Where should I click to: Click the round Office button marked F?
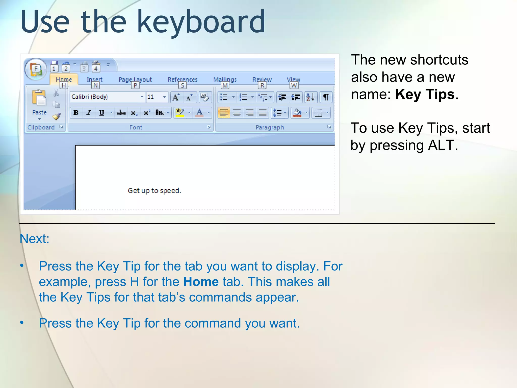click(36, 69)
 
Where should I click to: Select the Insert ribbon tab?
click(94, 80)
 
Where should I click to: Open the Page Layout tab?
click(135, 80)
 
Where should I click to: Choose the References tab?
click(182, 80)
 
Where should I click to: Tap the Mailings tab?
click(225, 80)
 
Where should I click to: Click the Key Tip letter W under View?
click(294, 86)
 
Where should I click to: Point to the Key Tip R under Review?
click(262, 86)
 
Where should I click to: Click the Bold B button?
click(76, 113)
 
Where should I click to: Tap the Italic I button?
click(89, 113)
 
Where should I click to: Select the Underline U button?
click(101, 113)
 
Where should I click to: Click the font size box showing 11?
click(154, 97)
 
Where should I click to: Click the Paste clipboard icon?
click(39, 98)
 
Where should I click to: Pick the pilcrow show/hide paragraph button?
click(326, 97)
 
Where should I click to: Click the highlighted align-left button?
click(224, 113)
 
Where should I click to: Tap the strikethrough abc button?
click(121, 113)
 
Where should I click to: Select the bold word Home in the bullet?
click(201, 282)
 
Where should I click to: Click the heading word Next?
click(35, 239)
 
